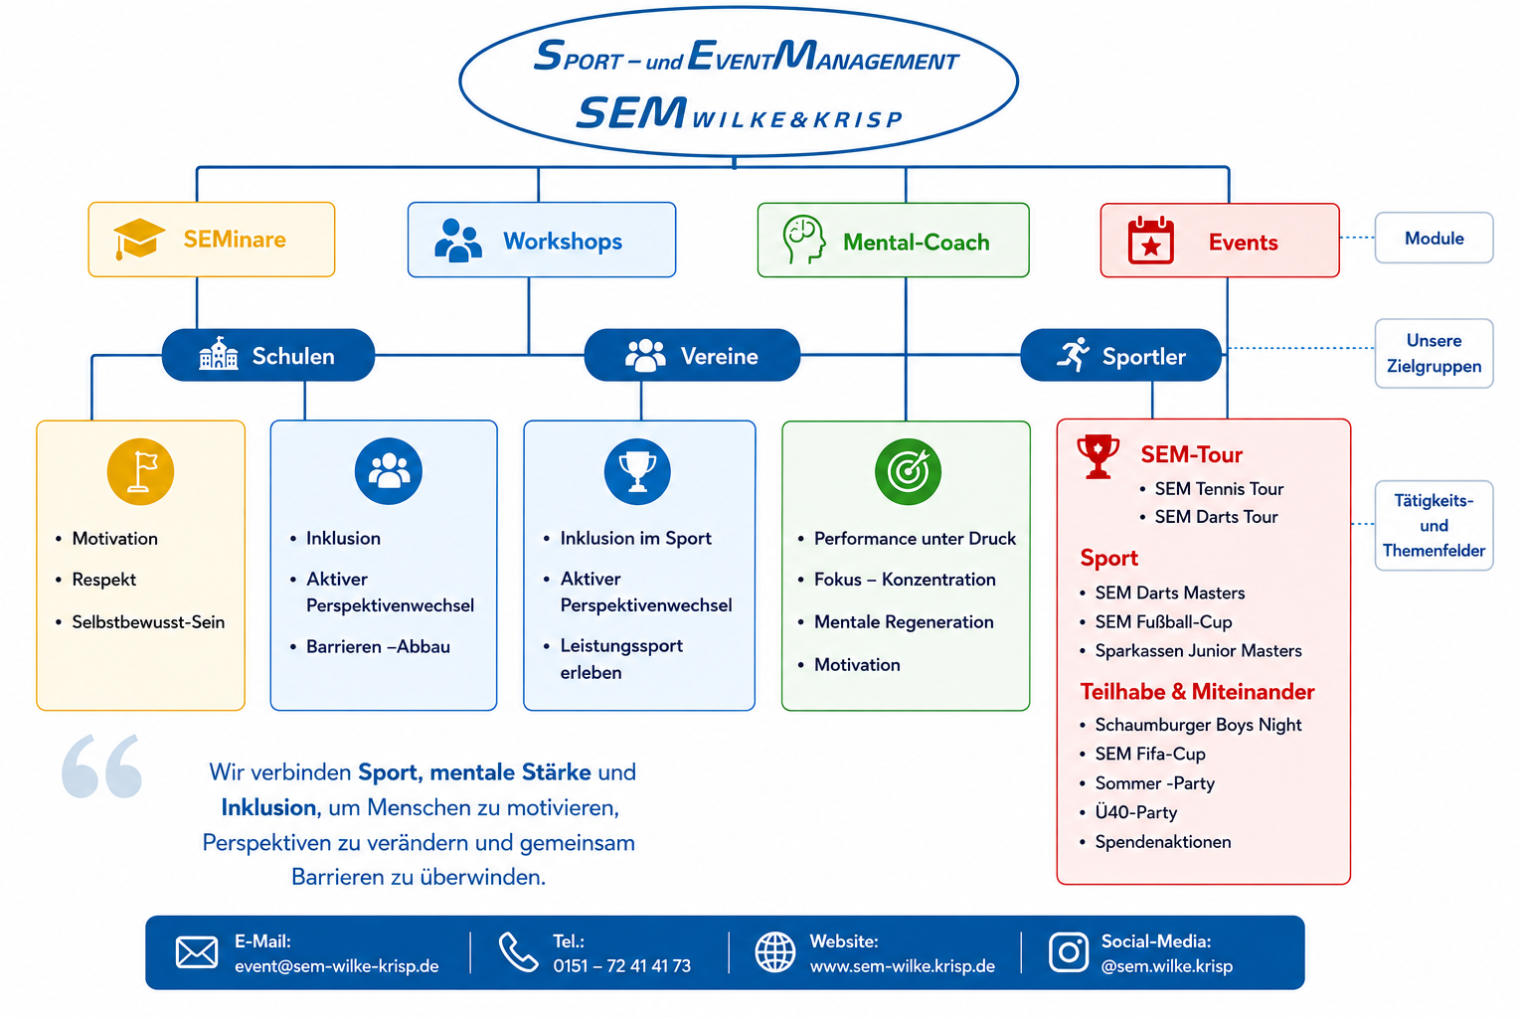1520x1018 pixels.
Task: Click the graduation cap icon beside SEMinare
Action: (x=139, y=239)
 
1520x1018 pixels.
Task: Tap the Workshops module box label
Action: (x=563, y=241)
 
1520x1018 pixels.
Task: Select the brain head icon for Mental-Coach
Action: (x=803, y=240)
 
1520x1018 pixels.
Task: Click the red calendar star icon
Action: (x=1151, y=241)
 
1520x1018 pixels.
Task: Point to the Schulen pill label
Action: (x=293, y=356)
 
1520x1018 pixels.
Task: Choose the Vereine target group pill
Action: (x=692, y=355)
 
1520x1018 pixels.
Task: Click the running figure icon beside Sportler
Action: (x=1073, y=354)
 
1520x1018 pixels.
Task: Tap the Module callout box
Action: (x=1434, y=238)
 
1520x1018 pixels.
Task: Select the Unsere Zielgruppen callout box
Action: (x=1434, y=353)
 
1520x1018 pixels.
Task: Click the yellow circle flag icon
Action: (x=140, y=471)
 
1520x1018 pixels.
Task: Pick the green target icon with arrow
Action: (x=908, y=471)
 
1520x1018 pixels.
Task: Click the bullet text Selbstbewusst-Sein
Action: (x=148, y=621)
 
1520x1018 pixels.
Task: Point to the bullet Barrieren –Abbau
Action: (x=378, y=646)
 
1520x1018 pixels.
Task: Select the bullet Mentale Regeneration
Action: (x=904, y=621)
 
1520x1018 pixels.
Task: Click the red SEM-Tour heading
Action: (x=1192, y=454)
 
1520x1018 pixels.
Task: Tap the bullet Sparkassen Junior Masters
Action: (x=1198, y=651)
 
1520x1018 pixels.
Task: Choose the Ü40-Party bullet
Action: (x=1136, y=812)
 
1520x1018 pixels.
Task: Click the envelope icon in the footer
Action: (x=197, y=952)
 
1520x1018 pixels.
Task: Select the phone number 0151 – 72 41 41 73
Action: (x=621, y=965)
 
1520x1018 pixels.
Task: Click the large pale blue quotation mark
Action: (x=101, y=765)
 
